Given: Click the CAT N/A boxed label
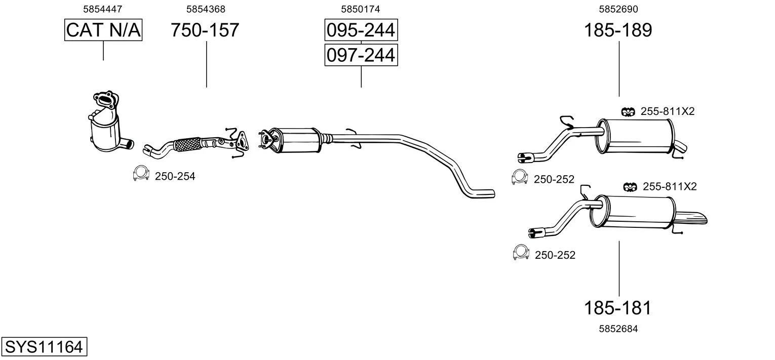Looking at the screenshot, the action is tap(103, 30).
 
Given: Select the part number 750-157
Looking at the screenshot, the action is tap(205, 30).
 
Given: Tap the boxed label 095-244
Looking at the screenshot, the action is tap(361, 30).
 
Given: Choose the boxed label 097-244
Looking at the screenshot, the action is tap(361, 55).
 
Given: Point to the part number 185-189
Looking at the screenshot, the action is tap(618, 30).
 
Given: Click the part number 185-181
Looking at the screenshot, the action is tap(617, 307).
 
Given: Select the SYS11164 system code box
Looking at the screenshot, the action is tap(44, 346).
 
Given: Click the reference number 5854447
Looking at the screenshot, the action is tap(102, 9).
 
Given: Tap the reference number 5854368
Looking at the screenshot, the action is tap(206, 9).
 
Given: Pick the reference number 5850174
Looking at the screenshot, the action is tap(361, 9).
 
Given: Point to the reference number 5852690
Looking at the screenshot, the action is tap(618, 9).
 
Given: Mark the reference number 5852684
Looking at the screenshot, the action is tap(618, 329).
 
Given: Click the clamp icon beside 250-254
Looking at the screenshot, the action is tap(141, 173).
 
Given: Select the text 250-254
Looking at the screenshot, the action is tap(175, 176).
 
